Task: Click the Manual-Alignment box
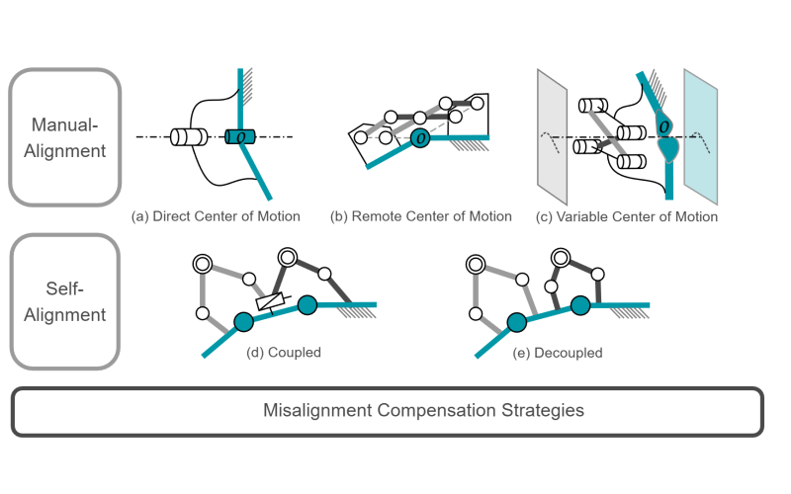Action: point(64,136)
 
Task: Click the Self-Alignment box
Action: point(64,301)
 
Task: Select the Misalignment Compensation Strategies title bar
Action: point(388,410)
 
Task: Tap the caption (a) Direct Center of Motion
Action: point(223,215)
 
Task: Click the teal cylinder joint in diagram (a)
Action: point(240,136)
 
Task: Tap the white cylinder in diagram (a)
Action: point(187,136)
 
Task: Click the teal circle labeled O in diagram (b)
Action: point(421,137)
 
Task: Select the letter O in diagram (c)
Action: point(664,126)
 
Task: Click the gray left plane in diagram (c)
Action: point(551,128)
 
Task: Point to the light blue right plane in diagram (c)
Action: point(700,128)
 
